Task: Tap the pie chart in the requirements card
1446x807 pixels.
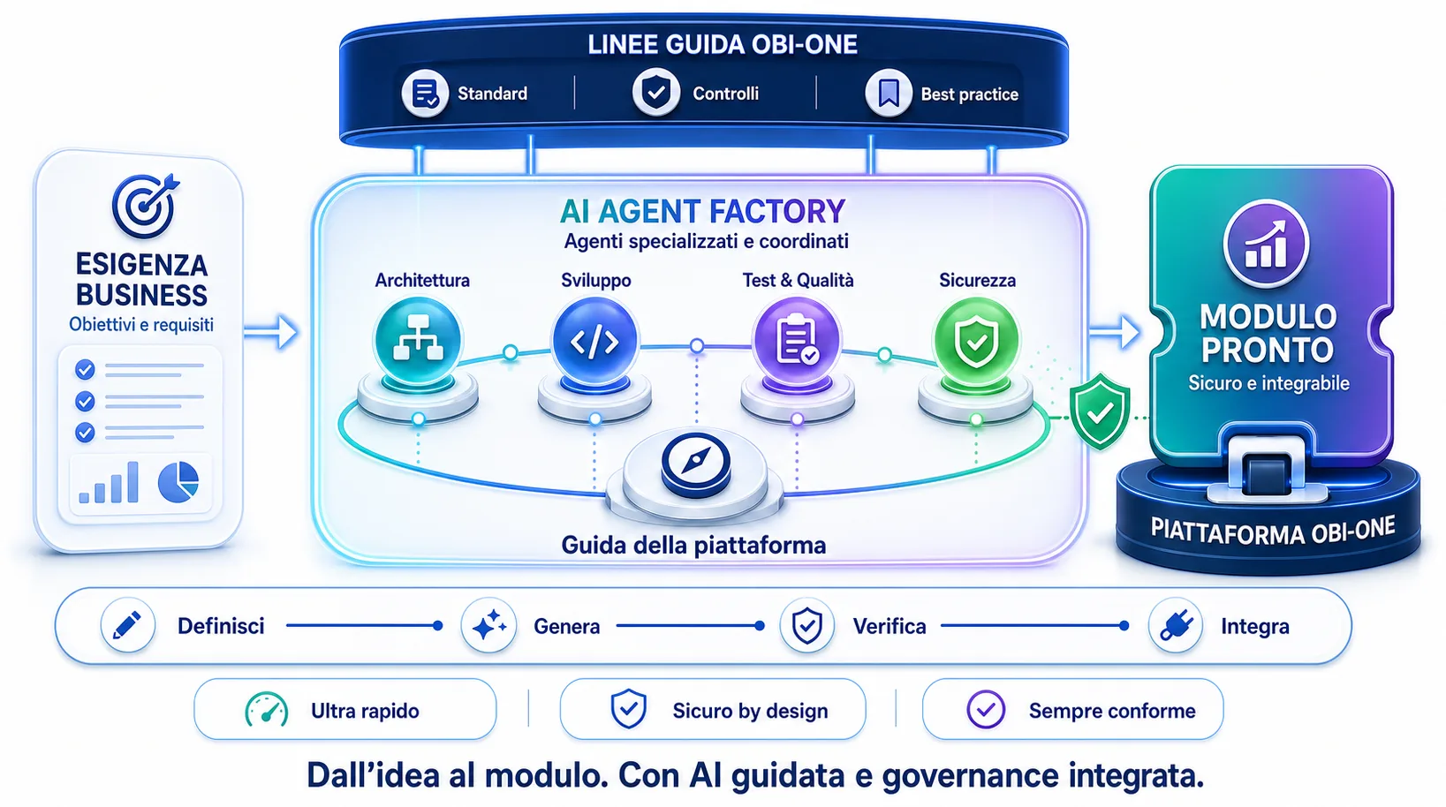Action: click(178, 482)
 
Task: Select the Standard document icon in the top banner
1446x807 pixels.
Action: click(425, 94)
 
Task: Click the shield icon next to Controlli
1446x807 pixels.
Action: click(655, 93)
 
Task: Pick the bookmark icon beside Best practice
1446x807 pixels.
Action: click(889, 94)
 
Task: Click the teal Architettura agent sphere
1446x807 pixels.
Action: click(418, 341)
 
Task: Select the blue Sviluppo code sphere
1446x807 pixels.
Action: click(594, 341)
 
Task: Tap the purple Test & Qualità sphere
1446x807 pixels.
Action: click(797, 341)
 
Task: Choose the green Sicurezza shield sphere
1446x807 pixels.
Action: click(976, 341)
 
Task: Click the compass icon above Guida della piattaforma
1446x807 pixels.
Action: click(696, 462)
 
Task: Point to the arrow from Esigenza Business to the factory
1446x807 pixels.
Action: click(271, 332)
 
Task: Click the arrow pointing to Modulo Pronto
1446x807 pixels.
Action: click(1115, 332)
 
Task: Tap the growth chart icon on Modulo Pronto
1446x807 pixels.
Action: click(1266, 245)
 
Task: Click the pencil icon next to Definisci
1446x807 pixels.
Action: click(128, 626)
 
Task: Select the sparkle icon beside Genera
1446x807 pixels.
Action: click(488, 626)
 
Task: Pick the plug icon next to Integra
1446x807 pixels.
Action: click(1176, 626)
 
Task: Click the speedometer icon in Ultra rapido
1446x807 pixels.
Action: click(267, 710)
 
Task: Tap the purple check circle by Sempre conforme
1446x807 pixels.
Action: click(986, 710)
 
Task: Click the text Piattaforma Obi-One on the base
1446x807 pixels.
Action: click(1272, 532)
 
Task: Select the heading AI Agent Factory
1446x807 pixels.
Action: click(702, 211)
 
